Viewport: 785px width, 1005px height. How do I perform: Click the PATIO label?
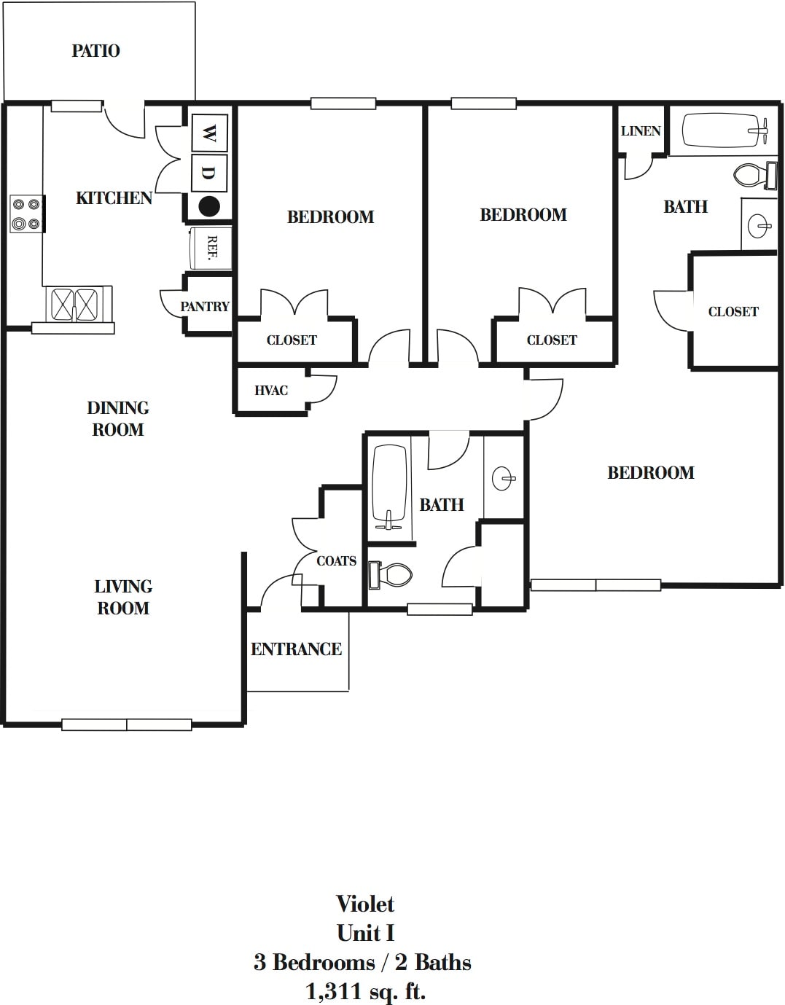tap(95, 51)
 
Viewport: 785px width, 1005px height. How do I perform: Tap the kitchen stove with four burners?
tap(26, 214)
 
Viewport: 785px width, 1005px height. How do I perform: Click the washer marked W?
tap(208, 133)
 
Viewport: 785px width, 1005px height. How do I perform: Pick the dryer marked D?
tap(208, 173)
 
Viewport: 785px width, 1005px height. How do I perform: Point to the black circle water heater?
tap(209, 206)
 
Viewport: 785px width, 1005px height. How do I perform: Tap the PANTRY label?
tap(205, 307)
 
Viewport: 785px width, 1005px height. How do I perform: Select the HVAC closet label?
tap(271, 391)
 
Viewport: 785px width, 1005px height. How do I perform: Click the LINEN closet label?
tap(641, 131)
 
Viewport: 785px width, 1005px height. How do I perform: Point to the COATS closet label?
tap(336, 561)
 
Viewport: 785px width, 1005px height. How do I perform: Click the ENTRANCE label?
tap(296, 649)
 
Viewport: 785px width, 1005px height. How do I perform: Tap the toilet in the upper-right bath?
tap(751, 176)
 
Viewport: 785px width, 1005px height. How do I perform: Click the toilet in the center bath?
tap(391, 574)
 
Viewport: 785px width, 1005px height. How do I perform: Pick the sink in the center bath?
tap(503, 479)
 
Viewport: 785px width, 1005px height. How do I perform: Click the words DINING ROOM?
tap(118, 418)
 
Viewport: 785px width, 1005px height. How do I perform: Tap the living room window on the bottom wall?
tap(127, 724)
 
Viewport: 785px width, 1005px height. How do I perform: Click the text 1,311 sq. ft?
tap(365, 991)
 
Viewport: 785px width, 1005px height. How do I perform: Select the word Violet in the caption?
tap(365, 904)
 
